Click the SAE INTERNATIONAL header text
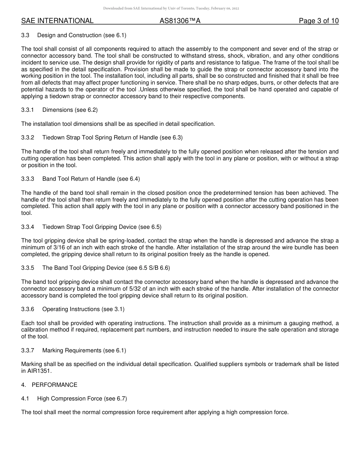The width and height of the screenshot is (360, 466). pyautogui.click(x=57, y=21)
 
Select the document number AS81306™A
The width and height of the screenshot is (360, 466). pyautogui.click(x=180, y=21)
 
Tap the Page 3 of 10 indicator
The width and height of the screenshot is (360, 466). pyautogui.click(x=319, y=21)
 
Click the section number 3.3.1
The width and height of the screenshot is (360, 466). pyautogui.click(x=28, y=110)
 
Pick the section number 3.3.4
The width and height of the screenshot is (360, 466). pyautogui.click(x=28, y=227)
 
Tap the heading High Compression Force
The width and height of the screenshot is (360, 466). pyautogui.click(x=70, y=399)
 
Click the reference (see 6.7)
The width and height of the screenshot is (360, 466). pyautogui.click(x=116, y=399)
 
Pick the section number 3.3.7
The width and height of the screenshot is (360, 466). pyautogui.click(x=28, y=350)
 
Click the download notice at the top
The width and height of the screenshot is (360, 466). pyautogui.click(x=171, y=8)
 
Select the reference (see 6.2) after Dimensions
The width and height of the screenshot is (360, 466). pyautogui.click(x=86, y=110)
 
